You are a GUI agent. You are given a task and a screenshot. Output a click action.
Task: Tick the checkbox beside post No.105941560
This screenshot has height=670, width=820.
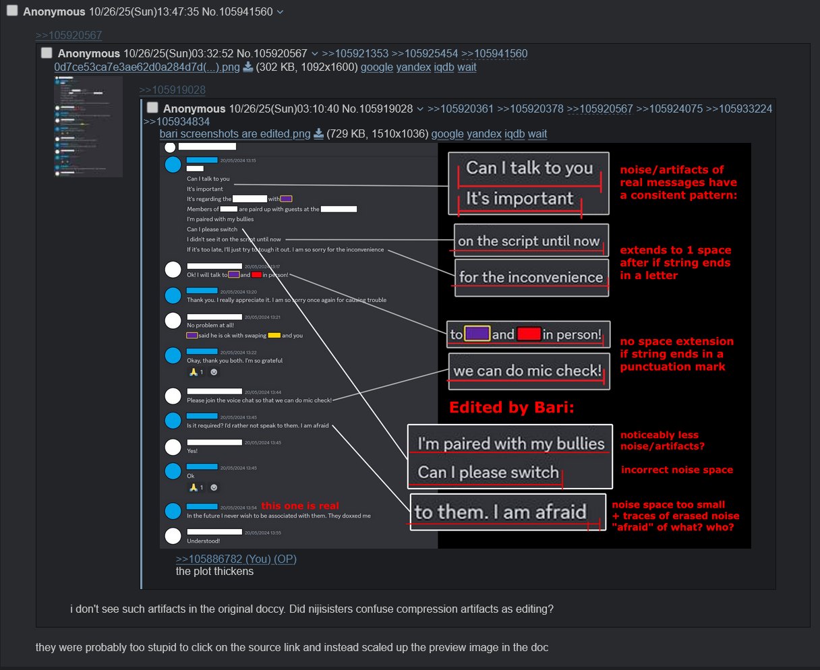(x=12, y=11)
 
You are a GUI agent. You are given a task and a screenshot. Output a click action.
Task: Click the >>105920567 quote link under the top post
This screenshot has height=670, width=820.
(x=69, y=35)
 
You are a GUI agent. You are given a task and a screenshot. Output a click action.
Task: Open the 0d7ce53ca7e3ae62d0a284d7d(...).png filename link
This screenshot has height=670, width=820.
(x=147, y=67)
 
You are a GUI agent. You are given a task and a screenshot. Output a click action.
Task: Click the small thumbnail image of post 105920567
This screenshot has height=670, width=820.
(x=88, y=127)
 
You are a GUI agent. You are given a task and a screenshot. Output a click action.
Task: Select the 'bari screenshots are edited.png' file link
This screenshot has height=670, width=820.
(x=235, y=133)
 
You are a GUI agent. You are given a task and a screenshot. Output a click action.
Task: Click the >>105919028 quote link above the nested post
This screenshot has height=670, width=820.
(x=172, y=90)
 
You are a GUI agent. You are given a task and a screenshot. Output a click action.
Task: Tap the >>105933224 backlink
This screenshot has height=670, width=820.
(x=739, y=109)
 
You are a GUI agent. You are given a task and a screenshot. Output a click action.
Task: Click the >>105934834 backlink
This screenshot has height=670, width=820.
(x=176, y=121)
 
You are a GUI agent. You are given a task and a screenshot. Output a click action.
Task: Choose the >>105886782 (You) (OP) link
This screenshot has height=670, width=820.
(x=236, y=559)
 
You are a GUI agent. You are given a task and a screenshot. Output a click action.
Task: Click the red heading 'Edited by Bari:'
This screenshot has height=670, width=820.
(x=511, y=407)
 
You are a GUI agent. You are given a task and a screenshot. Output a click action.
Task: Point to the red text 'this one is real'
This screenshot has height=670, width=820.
(x=300, y=506)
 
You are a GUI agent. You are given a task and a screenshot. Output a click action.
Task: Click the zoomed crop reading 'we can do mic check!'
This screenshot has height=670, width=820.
(x=529, y=371)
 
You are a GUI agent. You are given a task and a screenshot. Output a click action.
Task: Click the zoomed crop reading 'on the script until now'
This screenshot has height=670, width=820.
(x=531, y=241)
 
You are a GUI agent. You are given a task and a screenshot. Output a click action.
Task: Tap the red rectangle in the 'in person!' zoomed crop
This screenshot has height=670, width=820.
(x=529, y=334)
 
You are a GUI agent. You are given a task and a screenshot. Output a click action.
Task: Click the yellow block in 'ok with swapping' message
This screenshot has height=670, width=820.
(x=274, y=335)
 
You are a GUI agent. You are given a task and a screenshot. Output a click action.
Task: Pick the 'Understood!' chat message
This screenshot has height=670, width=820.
(x=204, y=541)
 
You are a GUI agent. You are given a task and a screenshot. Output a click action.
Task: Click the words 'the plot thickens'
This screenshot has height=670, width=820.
(x=214, y=572)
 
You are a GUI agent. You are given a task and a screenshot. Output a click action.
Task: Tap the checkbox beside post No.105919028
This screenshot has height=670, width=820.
(x=152, y=108)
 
